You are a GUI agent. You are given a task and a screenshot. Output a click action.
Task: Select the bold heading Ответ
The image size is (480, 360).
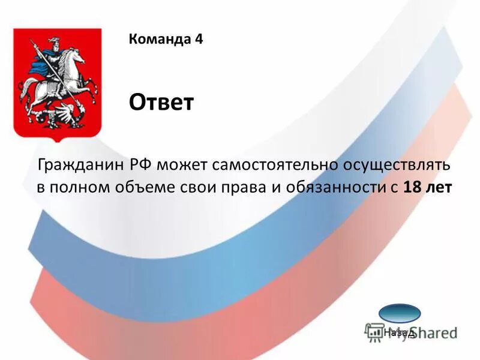(x=161, y=103)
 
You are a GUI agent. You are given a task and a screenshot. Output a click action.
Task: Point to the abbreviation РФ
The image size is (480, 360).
(x=142, y=164)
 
